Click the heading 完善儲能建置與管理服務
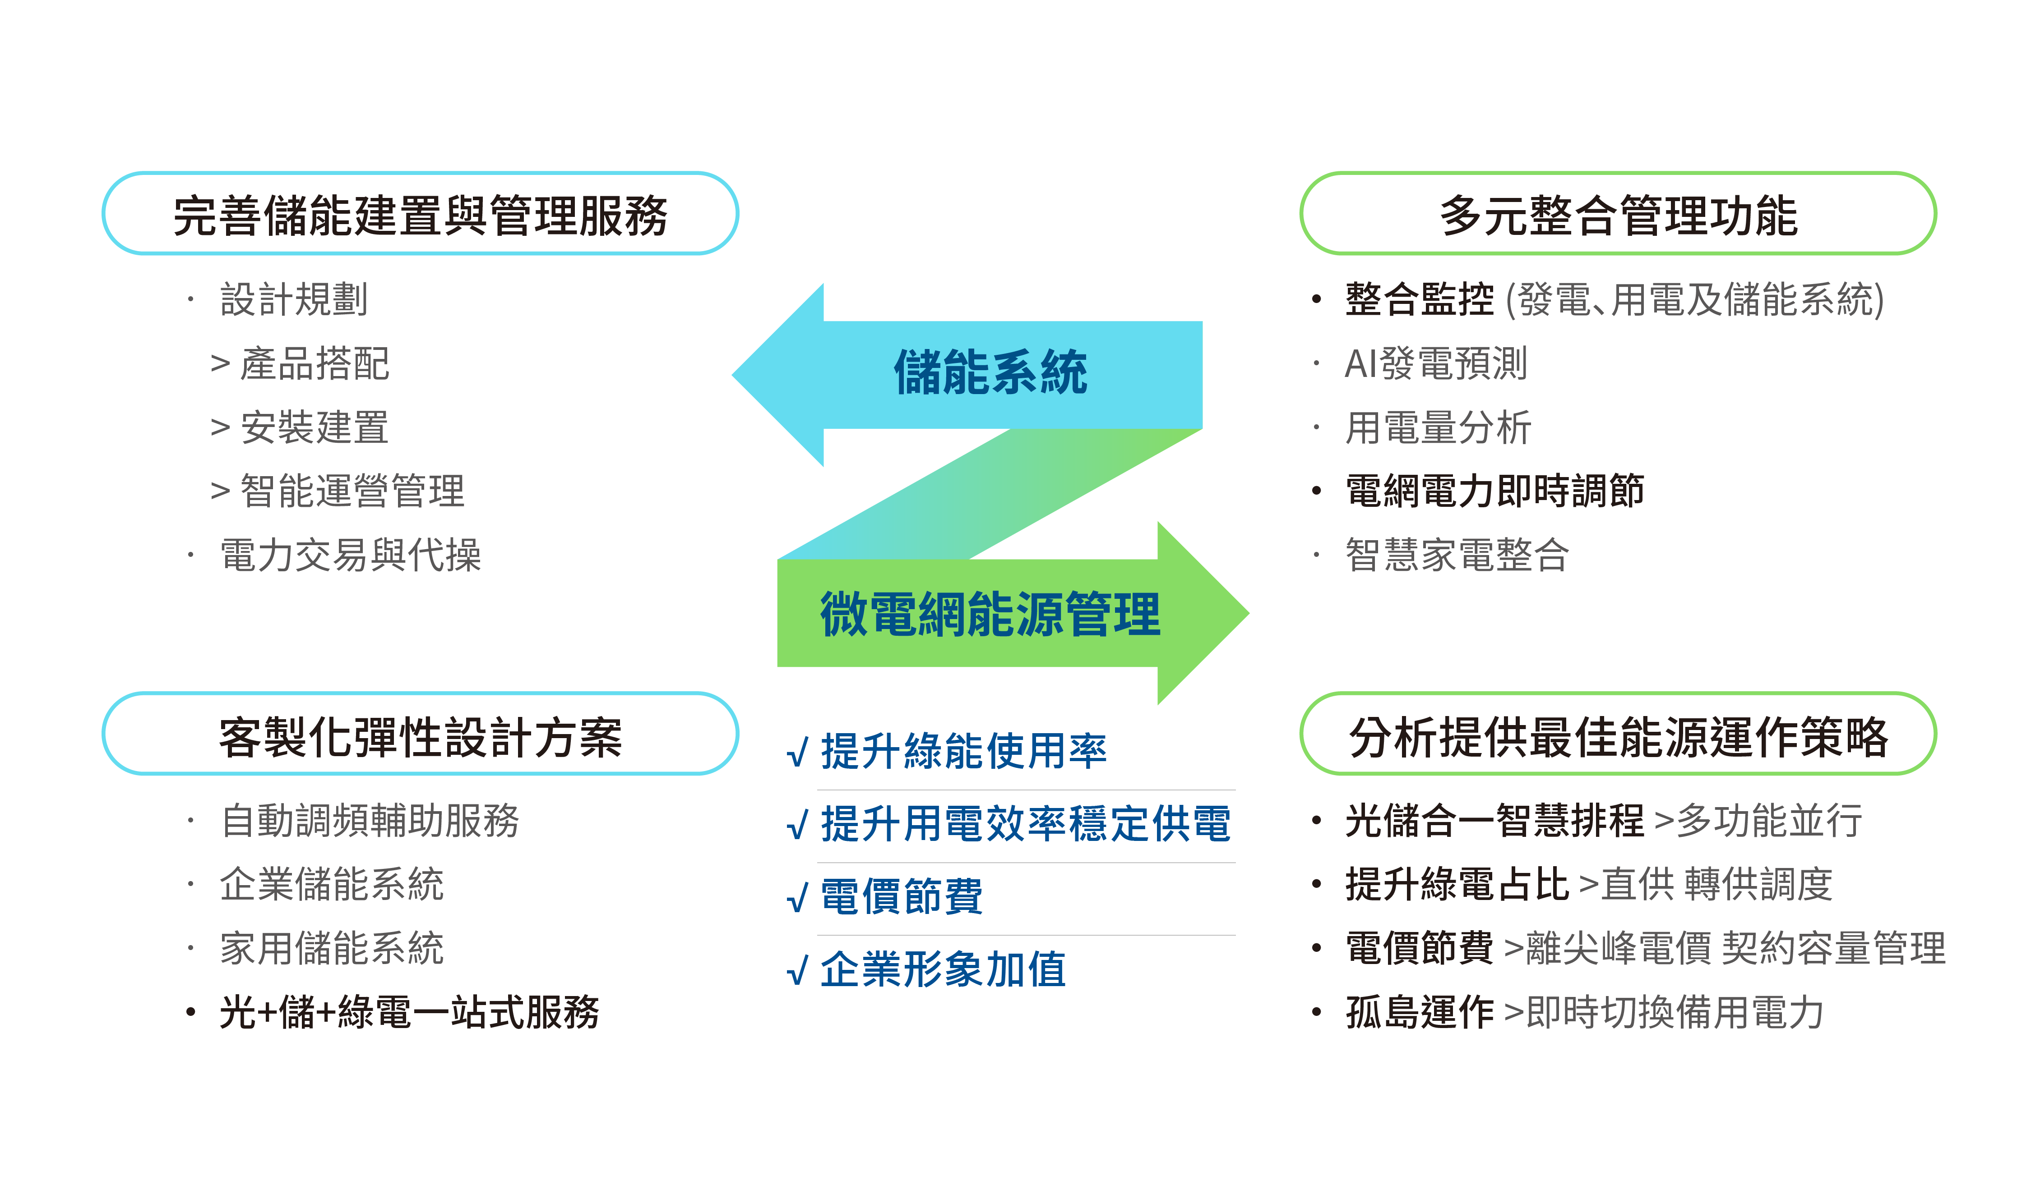[420, 216]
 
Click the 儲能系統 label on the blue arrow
[990, 373]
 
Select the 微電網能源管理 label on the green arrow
[990, 614]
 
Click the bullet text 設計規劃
[294, 299]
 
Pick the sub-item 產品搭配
[315, 363]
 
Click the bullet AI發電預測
[1436, 363]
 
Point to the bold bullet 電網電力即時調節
[1494, 491]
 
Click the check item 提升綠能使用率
[963, 751]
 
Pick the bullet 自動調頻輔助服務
[370, 820]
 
